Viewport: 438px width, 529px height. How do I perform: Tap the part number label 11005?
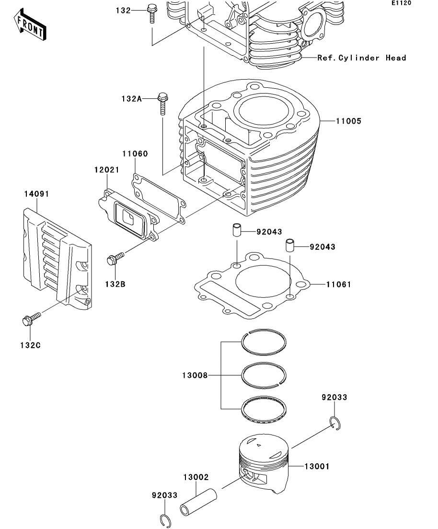tap(348, 121)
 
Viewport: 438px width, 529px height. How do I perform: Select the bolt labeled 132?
tap(152, 13)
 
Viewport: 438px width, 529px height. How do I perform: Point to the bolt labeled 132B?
tap(115, 259)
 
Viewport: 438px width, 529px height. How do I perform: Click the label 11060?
tap(135, 153)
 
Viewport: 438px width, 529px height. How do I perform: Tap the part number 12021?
tap(106, 169)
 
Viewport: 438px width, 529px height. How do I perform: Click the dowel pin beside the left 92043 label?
tap(237, 230)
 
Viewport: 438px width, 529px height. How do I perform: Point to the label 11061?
tap(338, 284)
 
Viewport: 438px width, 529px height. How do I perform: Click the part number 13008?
tap(195, 375)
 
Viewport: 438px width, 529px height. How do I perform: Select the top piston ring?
tap(264, 342)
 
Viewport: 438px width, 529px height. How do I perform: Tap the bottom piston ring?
tap(264, 409)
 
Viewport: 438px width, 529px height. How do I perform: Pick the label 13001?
tap(317, 466)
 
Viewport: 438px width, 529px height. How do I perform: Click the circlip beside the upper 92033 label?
tap(335, 423)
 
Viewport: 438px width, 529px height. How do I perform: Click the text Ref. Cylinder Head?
tap(361, 58)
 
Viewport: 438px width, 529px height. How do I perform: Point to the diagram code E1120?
tap(401, 3)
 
